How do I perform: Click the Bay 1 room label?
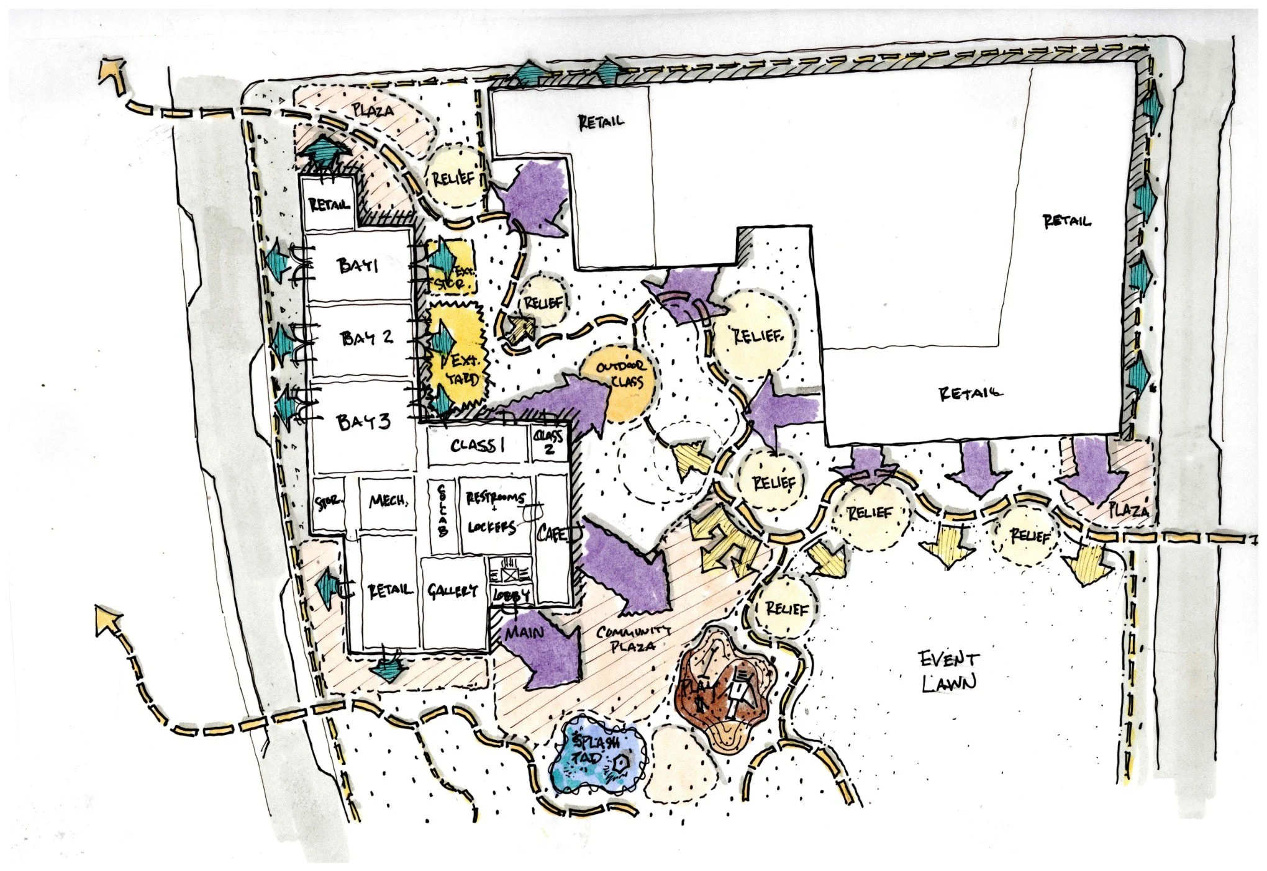358,266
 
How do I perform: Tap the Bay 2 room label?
367,338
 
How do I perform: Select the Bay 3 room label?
363,422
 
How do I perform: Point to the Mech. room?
388,502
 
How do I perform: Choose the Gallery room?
452,591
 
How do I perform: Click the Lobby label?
511,595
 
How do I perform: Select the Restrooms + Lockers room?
495,513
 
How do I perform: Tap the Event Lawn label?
949,670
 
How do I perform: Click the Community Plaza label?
633,638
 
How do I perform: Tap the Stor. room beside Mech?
327,503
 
